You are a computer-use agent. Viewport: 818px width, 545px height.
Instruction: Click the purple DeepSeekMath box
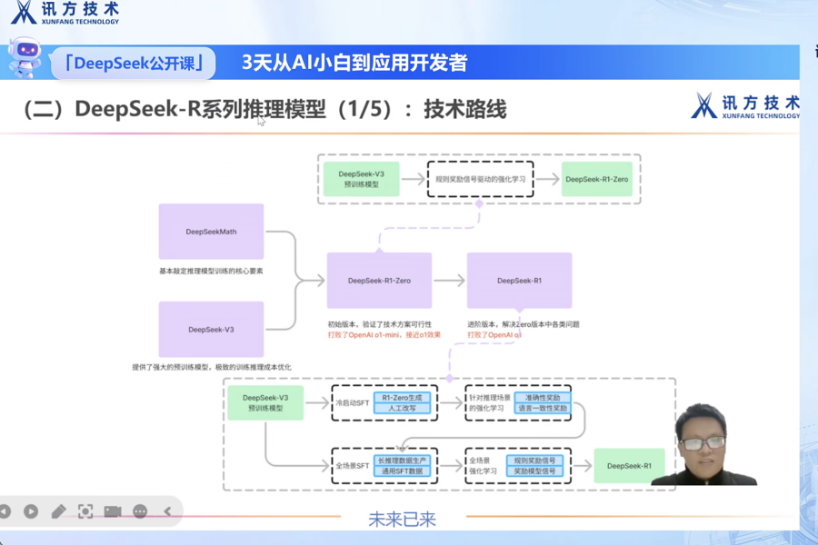pyautogui.click(x=211, y=232)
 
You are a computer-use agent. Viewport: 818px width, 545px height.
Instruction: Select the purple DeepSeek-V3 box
pyautogui.click(x=211, y=329)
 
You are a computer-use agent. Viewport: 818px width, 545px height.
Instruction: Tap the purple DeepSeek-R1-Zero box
pyautogui.click(x=379, y=281)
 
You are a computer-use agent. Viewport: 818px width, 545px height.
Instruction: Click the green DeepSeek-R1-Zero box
pyautogui.click(x=596, y=179)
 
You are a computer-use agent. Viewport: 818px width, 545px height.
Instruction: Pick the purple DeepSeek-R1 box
pyautogui.click(x=519, y=281)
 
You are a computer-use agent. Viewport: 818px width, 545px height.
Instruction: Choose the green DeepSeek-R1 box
pyautogui.click(x=629, y=466)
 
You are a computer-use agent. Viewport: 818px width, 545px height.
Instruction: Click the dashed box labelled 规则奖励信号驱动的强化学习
pyautogui.click(x=480, y=179)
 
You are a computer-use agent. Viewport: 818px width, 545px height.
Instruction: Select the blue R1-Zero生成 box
pyautogui.click(x=404, y=397)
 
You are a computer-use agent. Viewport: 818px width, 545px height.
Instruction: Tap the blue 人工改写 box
pyautogui.click(x=404, y=409)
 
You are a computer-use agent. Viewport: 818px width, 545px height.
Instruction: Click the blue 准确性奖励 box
pyautogui.click(x=543, y=397)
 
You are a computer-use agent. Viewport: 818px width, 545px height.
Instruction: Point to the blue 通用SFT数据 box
pyautogui.click(x=404, y=471)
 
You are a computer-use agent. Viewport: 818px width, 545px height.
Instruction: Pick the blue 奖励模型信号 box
pyautogui.click(x=534, y=471)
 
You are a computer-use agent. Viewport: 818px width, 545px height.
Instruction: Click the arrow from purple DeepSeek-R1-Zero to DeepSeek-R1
pyautogui.click(x=449, y=281)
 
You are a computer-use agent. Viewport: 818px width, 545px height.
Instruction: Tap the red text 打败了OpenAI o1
pyautogui.click(x=494, y=335)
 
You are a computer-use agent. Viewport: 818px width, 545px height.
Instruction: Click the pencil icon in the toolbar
pyautogui.click(x=59, y=511)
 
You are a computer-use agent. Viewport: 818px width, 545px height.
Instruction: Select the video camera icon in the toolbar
pyautogui.click(x=113, y=511)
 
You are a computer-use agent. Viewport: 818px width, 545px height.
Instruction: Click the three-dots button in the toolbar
pyautogui.click(x=140, y=511)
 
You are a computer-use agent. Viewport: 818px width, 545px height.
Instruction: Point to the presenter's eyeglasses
pyautogui.click(x=703, y=443)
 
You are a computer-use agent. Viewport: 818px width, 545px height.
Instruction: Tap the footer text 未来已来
pyautogui.click(x=402, y=520)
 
